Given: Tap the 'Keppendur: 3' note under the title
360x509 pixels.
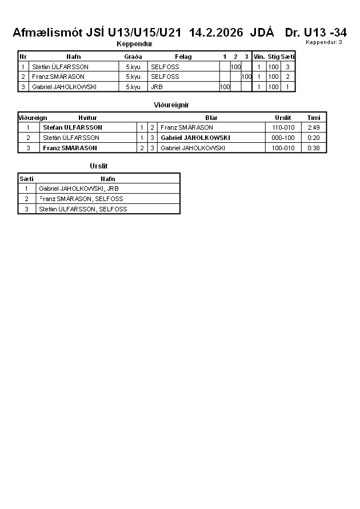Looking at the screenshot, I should click(324, 42).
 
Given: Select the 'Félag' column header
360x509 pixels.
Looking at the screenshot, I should click(183, 57).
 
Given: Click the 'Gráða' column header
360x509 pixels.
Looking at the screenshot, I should click(133, 57).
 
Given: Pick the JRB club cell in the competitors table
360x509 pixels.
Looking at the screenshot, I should click(157, 87).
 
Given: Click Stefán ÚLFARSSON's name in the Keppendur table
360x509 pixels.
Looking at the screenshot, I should click(60, 67).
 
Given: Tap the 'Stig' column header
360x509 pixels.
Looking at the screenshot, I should click(273, 57).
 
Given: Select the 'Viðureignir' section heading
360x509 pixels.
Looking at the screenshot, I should click(171, 105).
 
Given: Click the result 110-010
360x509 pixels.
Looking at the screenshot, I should click(283, 127).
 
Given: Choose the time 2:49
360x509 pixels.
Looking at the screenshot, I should click(313, 127).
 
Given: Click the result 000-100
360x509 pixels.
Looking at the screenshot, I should click(283, 138).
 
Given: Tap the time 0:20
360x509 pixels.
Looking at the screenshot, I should click(313, 138).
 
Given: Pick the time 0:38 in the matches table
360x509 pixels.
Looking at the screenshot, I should click(313, 148).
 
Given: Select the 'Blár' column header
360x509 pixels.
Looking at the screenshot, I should click(211, 118).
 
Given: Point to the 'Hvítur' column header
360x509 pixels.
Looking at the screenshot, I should click(87, 118).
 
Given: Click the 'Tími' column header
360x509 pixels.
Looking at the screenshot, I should click(314, 118).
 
